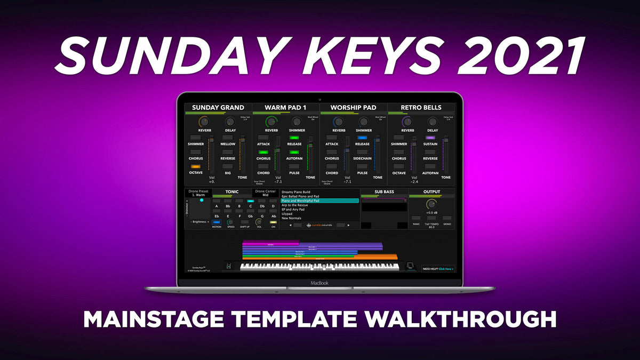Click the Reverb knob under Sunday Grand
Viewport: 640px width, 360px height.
[x=204, y=122]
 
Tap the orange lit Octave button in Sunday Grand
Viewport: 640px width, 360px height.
[x=196, y=166]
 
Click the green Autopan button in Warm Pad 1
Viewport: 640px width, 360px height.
[x=294, y=152]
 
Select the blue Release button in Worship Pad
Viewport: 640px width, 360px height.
[x=362, y=138]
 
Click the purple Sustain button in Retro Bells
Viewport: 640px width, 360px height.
[x=430, y=138]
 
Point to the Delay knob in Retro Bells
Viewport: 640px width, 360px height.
[x=433, y=122]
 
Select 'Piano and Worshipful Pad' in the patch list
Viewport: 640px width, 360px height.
[x=320, y=201]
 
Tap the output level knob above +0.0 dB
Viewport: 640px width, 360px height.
[x=431, y=204]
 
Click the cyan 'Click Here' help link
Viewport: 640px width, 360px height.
[x=445, y=269]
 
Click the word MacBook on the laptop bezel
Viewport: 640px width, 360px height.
[x=320, y=283]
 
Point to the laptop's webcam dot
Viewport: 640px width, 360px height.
[x=320, y=99]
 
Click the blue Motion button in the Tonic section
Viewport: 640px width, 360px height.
[x=217, y=222]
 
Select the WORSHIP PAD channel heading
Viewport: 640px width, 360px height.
[x=353, y=108]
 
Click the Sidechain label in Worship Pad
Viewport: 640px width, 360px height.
[x=362, y=158]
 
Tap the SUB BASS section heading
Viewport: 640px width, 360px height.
[x=384, y=192]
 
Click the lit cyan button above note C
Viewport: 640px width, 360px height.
[x=250, y=201]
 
